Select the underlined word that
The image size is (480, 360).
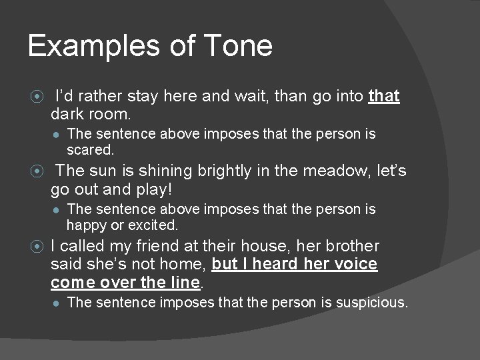pyautogui.click(x=383, y=96)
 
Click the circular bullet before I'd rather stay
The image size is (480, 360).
pyautogui.click(x=37, y=97)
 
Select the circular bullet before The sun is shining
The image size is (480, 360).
pyautogui.click(x=37, y=172)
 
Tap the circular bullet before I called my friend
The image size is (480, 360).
pyautogui.click(x=37, y=247)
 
